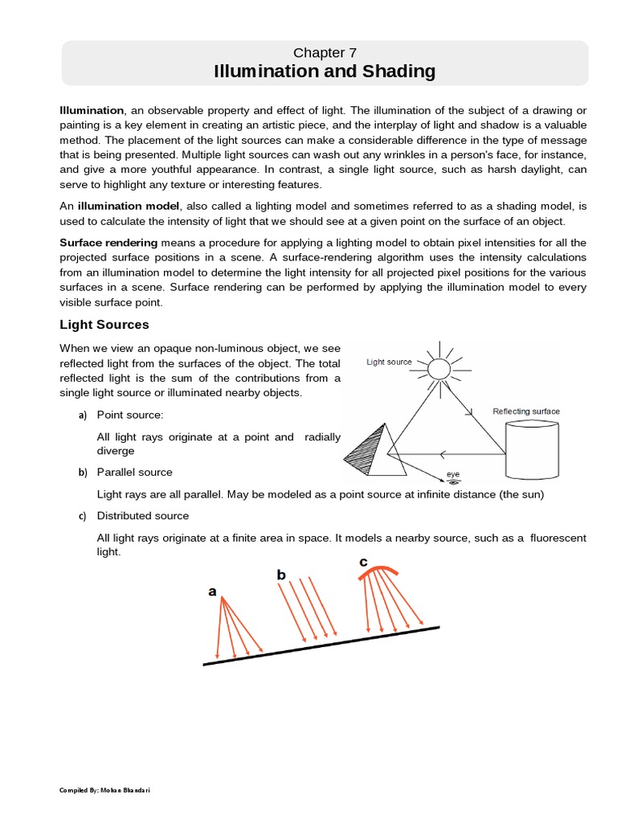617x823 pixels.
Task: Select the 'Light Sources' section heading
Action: (104, 325)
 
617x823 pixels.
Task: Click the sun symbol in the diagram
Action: (439, 367)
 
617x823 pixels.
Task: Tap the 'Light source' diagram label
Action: (389, 362)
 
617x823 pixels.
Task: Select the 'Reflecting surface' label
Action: (525, 411)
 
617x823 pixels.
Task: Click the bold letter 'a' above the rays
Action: (212, 592)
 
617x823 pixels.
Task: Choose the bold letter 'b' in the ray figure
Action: (281, 575)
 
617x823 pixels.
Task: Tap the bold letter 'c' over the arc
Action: (364, 562)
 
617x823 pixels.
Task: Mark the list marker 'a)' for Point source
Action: (82, 416)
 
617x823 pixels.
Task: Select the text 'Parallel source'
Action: (134, 472)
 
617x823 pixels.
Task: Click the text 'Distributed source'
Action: (143, 515)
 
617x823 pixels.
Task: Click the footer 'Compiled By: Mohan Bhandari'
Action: (105, 790)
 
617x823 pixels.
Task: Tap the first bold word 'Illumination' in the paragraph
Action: (92, 110)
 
